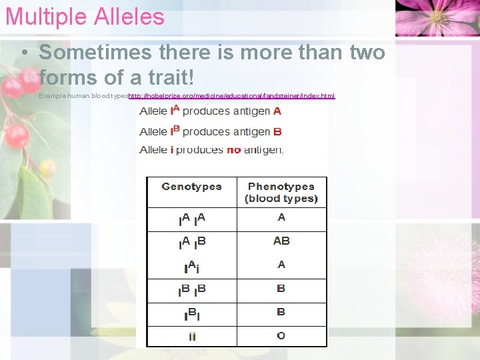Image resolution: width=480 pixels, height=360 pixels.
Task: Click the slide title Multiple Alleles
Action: point(85,17)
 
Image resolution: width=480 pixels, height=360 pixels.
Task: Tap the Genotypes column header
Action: point(191,187)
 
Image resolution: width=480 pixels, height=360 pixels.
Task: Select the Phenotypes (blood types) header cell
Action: point(281,193)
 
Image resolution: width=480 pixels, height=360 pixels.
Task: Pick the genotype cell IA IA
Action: point(192,219)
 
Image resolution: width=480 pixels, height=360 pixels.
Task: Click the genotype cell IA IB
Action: point(192,243)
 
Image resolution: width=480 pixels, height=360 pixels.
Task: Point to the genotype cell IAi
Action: point(192,267)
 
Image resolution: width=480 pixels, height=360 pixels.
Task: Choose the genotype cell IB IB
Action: point(192,291)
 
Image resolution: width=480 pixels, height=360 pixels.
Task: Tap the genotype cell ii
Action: point(192,336)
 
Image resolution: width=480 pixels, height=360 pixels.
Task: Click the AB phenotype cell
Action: point(281,241)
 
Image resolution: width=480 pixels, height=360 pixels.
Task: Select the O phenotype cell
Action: point(281,335)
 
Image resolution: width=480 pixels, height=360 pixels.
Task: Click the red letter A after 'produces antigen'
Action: point(277,111)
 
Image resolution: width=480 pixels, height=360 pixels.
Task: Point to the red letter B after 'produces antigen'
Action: point(277,132)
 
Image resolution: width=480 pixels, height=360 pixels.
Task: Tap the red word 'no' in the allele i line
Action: point(233,150)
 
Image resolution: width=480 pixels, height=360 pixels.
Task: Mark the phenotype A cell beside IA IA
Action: point(281,217)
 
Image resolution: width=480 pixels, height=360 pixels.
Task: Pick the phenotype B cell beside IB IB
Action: point(281,289)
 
